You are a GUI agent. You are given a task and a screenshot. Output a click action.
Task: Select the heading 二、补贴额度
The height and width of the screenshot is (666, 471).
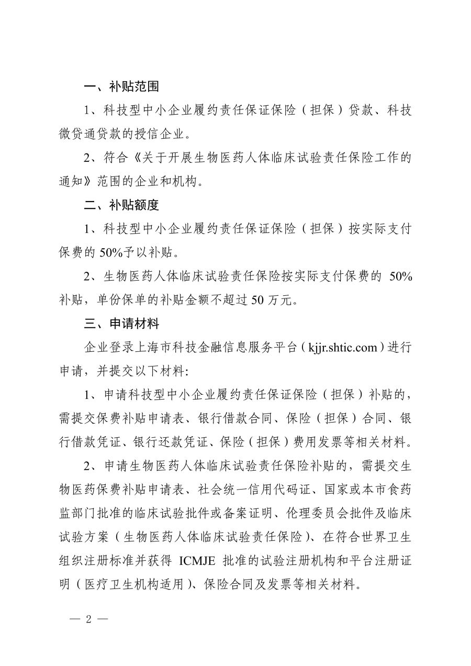[x=121, y=205]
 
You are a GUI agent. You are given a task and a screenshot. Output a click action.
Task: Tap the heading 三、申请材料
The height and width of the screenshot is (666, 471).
[x=121, y=324]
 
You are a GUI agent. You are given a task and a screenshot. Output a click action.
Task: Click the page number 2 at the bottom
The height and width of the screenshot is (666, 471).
[x=88, y=619]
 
